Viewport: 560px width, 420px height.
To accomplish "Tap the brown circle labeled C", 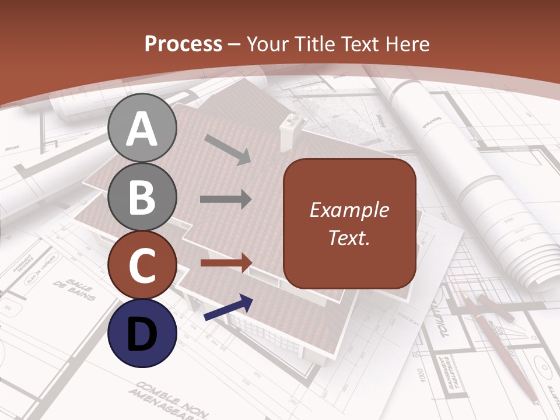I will point(142,265).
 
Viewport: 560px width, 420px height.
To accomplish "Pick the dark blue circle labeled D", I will point(142,333).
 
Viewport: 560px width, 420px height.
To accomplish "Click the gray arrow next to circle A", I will point(228,149).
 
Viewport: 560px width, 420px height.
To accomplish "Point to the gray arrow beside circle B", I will point(225,199).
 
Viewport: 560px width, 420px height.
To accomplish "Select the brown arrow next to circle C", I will point(225,262).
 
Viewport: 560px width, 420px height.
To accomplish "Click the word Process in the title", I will point(183,44).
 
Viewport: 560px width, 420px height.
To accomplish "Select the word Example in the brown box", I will point(349,210).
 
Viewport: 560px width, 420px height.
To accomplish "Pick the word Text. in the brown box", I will point(349,237).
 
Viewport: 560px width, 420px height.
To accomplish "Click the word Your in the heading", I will point(267,44).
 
